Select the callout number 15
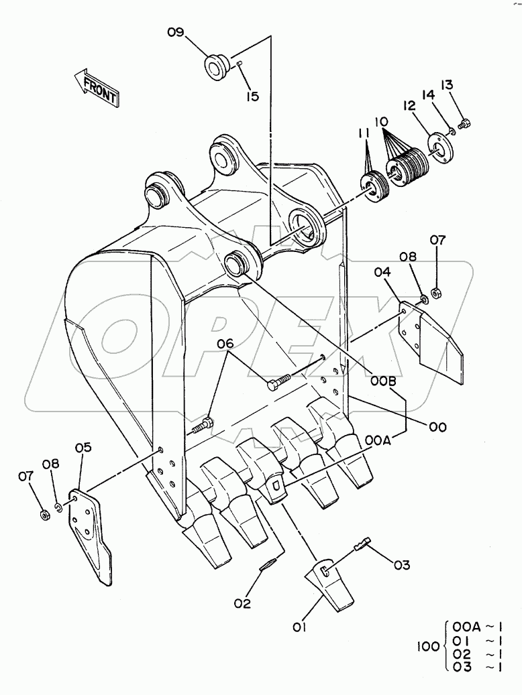coord(252,97)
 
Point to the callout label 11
coord(364,135)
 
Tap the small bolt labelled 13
coord(464,123)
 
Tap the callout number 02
coord(243,603)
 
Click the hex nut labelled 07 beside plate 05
coord(44,515)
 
